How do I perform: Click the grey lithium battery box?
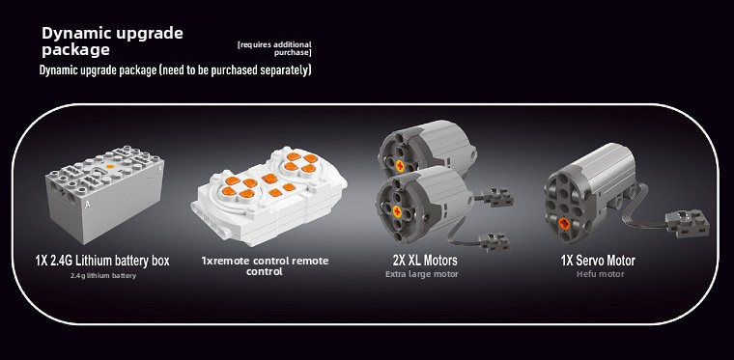click(x=105, y=194)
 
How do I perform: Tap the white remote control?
click(x=268, y=196)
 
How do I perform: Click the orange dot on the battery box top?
click(x=110, y=166)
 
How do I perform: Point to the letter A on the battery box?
click(x=88, y=204)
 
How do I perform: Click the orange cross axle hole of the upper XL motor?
click(x=400, y=165)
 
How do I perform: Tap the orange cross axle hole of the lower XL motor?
click(x=397, y=211)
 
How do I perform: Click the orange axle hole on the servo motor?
click(x=565, y=224)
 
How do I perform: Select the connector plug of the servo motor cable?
click(x=688, y=223)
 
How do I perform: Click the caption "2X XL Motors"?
click(x=425, y=260)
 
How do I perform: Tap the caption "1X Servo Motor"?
click(x=598, y=261)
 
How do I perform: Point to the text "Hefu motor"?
click(x=601, y=274)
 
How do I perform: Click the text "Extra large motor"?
click(x=422, y=274)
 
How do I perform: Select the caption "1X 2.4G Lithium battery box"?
click(x=102, y=261)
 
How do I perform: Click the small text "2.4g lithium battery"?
click(x=103, y=276)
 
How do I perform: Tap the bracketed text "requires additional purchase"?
click(x=274, y=48)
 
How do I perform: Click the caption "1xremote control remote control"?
click(x=265, y=265)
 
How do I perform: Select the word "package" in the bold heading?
click(x=76, y=50)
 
